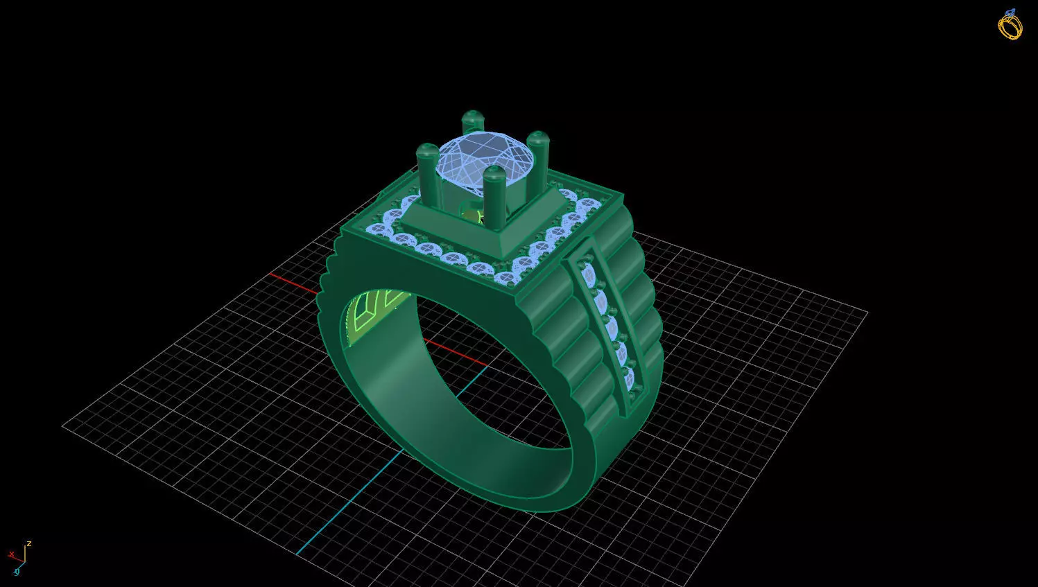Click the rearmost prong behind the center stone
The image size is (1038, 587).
coord(473,123)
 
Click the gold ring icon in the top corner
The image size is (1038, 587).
coord(1010,25)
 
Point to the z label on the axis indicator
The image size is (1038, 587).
coord(29,544)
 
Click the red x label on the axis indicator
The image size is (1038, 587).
coord(11,554)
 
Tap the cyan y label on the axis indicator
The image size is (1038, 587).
coord(17,572)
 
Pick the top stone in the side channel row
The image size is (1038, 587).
coord(590,275)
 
